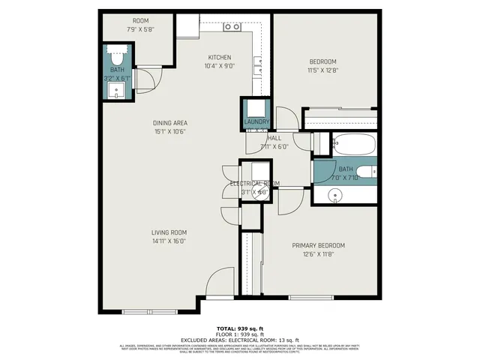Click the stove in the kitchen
tap(232, 27)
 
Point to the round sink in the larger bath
tap(334, 195)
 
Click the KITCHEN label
tap(220, 58)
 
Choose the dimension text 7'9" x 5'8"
tap(141, 30)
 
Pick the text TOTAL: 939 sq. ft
tap(240, 328)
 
